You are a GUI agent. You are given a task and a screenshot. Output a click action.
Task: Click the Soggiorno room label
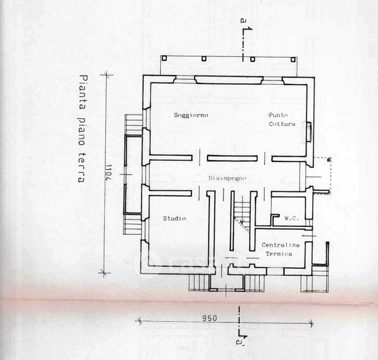pyautogui.click(x=191, y=115)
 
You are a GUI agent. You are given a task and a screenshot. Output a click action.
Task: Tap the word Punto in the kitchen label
pyautogui.click(x=278, y=115)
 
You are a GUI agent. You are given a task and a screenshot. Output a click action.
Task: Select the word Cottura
pyautogui.click(x=282, y=124)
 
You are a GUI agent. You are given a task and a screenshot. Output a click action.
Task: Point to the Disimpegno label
pyautogui.click(x=227, y=178)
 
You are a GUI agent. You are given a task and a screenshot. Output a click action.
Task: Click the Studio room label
pyautogui.click(x=174, y=218)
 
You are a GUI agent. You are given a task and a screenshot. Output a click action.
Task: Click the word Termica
pyautogui.click(x=279, y=254)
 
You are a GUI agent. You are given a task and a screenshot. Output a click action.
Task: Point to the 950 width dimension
pyautogui.click(x=209, y=318)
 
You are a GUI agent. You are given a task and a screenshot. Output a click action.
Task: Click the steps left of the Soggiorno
pyautogui.click(x=132, y=125)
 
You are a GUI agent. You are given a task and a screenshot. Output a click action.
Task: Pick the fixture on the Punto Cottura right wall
pyautogui.click(x=309, y=131)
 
